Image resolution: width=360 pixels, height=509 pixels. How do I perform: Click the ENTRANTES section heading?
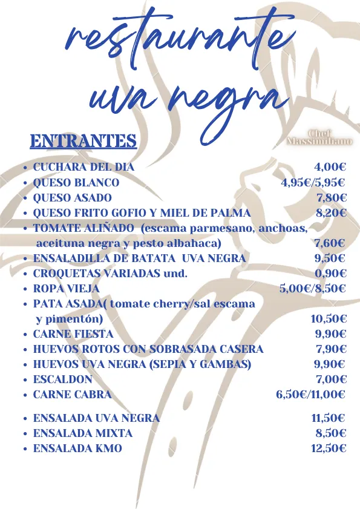[83, 141]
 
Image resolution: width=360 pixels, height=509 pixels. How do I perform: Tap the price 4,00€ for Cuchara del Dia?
[330, 167]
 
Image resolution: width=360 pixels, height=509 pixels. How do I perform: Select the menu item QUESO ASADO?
[73, 197]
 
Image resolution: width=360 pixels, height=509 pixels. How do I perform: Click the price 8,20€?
[331, 212]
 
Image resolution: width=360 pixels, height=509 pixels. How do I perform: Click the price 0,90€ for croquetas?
[330, 273]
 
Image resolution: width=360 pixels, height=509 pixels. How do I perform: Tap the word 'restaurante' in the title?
[175, 39]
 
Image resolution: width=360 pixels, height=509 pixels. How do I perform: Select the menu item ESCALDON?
[63, 379]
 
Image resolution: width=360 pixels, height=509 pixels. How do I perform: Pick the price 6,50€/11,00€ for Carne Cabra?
[310, 395]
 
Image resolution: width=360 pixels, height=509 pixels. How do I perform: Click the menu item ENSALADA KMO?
[77, 448]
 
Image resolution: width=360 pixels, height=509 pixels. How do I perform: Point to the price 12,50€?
[329, 448]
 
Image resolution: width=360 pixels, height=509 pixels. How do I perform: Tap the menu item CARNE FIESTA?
[73, 333]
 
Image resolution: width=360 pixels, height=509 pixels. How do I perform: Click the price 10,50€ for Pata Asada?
[329, 319]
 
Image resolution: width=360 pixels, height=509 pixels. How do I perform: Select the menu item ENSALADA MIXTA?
[83, 433]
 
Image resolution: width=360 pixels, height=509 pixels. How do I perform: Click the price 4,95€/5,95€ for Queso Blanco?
[313, 182]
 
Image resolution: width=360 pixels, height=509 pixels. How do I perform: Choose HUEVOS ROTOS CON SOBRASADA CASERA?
[148, 349]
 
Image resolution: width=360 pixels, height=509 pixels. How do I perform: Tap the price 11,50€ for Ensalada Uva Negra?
[329, 418]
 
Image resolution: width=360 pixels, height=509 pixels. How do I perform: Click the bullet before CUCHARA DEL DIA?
[23, 168]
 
